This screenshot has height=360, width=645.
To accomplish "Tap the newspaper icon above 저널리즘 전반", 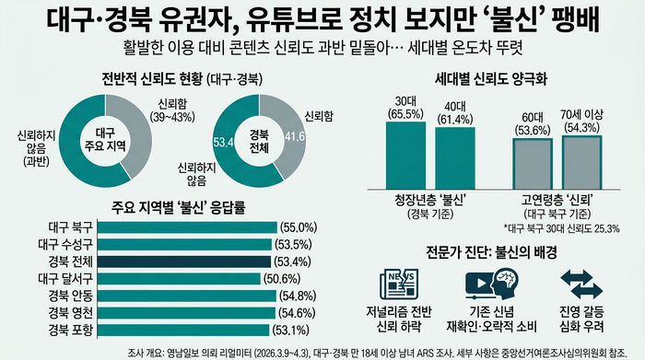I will (x=397, y=283).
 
